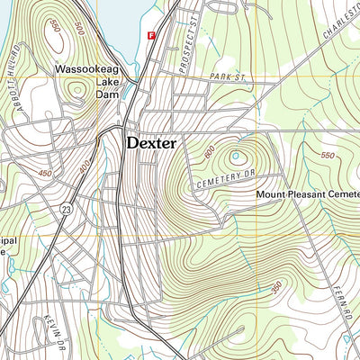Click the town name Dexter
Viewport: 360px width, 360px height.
pos(150,142)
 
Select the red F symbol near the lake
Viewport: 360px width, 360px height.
pos(150,35)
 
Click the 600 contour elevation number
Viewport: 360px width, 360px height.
pos(210,153)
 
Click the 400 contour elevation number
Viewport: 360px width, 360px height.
pos(85,166)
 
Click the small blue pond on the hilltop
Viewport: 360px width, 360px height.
pos(237,156)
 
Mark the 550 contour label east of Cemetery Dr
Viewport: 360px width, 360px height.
pos(328,155)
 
